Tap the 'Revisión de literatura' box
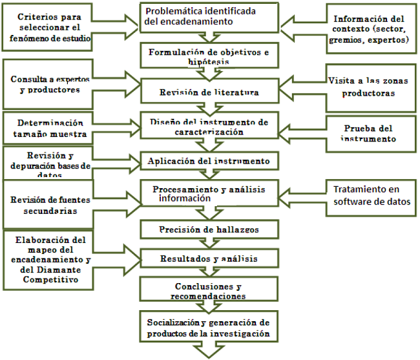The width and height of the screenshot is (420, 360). (x=209, y=92)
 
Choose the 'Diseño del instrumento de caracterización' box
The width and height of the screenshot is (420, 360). (x=209, y=126)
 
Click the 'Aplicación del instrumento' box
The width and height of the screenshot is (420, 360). (x=209, y=160)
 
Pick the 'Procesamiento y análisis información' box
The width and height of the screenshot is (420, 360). (x=209, y=194)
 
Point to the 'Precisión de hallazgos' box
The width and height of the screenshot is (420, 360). (x=209, y=229)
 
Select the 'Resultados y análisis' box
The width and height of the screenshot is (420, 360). (x=209, y=258)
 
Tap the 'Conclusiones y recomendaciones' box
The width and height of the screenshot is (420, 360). (x=209, y=291)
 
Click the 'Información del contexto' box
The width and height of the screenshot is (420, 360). (x=370, y=29)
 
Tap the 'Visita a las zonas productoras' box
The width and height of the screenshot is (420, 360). (x=370, y=86)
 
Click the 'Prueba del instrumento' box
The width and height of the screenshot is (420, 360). (x=368, y=133)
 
